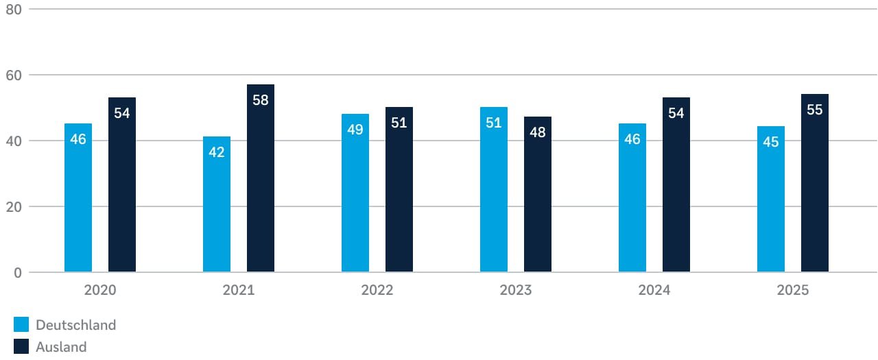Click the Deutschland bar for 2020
[x=78, y=199]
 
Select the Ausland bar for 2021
[x=261, y=178]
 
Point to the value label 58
[x=261, y=100]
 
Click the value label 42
[x=217, y=152]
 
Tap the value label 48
[x=538, y=132]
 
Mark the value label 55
[x=815, y=110]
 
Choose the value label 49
[x=355, y=129]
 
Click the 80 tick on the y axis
[x=14, y=10]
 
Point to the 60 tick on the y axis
[x=14, y=75]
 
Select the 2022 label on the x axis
[x=377, y=290]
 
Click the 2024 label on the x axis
[x=654, y=290]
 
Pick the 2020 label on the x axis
[x=100, y=290]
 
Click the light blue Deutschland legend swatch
[x=21, y=325]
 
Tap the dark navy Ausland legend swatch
[x=21, y=347]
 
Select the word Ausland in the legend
[x=61, y=347]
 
